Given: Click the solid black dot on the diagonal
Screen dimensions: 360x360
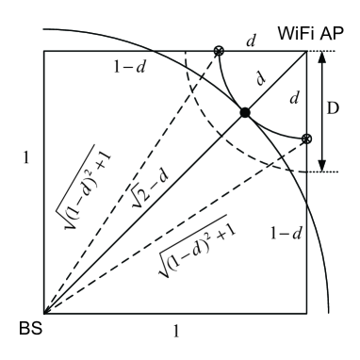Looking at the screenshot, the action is pyautogui.click(x=245, y=113).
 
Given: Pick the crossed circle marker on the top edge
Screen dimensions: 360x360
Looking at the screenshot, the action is pyautogui.click(x=219, y=51).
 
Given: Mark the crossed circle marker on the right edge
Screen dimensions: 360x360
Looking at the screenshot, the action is pyautogui.click(x=306, y=139).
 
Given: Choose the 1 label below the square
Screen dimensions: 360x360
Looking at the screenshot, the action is pyautogui.click(x=176, y=331).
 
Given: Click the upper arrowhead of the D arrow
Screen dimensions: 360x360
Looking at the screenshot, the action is pyautogui.click(x=324, y=55).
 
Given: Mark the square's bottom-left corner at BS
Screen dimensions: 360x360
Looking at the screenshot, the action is pyautogui.click(x=44, y=313).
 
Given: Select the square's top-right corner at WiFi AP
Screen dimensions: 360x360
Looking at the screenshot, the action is pyautogui.click(x=306, y=51).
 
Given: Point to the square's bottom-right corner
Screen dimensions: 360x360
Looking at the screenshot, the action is pyautogui.click(x=306, y=313).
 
